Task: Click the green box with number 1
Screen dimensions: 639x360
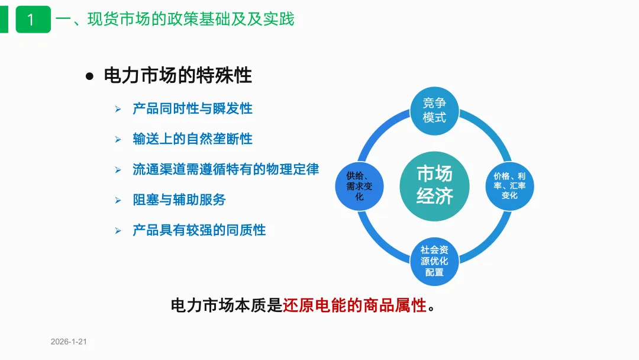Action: coord(33,20)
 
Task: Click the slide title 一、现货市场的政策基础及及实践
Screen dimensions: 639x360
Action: coord(175,20)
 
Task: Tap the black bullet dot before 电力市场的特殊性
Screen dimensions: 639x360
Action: coord(90,76)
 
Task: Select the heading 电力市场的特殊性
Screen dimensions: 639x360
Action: coord(177,76)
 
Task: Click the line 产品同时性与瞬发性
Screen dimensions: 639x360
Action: coord(192,109)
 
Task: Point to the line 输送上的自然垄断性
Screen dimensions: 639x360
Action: coord(192,139)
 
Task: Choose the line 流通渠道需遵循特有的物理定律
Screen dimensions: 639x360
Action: coord(225,169)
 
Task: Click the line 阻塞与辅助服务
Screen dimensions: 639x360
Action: coord(179,200)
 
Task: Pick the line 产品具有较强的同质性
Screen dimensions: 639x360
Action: coord(199,230)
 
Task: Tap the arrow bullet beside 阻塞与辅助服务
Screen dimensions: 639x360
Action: coord(118,200)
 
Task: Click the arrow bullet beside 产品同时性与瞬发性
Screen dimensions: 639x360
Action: coord(118,110)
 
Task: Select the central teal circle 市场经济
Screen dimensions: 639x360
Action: coord(435,185)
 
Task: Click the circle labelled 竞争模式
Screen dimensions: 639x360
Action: coord(435,111)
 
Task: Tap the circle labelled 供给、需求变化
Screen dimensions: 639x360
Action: coord(359,187)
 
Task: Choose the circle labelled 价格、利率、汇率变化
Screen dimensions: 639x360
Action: coord(509,185)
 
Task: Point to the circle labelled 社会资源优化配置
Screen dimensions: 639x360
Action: coord(435,261)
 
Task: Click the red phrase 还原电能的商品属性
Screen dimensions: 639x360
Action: coord(354,306)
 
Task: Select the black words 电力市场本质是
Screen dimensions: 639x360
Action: coord(227,306)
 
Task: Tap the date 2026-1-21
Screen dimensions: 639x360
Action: coord(69,342)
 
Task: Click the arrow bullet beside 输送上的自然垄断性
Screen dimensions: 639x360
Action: coord(118,140)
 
